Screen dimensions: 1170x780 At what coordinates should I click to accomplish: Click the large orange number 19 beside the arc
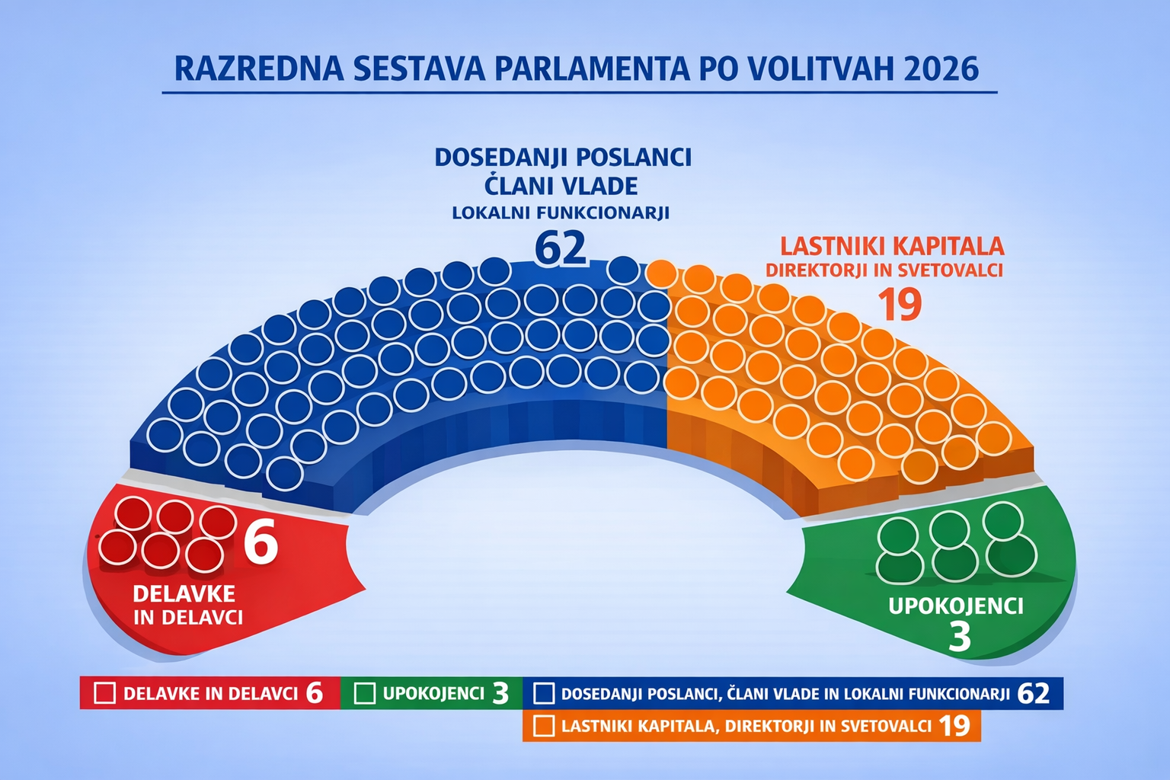click(x=900, y=305)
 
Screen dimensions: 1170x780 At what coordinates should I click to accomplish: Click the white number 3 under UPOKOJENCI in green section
click(x=960, y=636)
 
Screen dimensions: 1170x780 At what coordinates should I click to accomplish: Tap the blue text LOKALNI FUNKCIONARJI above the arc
click(x=561, y=213)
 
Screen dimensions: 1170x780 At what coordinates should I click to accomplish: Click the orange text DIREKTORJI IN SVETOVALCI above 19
click(x=884, y=270)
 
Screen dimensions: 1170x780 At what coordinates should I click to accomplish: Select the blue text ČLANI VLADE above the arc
click(x=561, y=185)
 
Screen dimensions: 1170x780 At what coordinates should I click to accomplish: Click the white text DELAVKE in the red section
click(x=184, y=593)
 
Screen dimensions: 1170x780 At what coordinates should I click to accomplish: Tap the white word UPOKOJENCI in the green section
click(x=956, y=606)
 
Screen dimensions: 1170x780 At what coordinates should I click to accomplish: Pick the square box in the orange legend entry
click(x=544, y=726)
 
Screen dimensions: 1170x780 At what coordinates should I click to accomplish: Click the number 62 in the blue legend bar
click(x=1033, y=693)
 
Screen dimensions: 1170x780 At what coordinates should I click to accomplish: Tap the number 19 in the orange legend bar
click(x=954, y=726)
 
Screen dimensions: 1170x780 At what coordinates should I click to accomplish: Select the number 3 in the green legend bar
click(x=500, y=694)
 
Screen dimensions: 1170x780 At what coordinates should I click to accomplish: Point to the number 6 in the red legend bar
click(x=314, y=693)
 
